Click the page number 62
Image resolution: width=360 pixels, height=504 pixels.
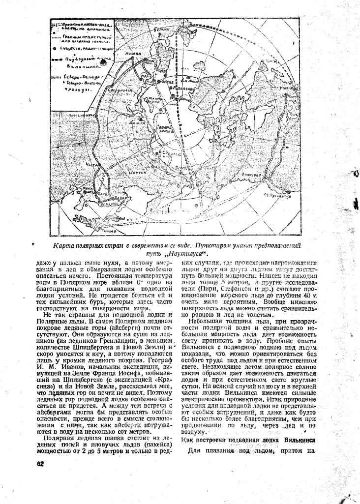click(40, 463)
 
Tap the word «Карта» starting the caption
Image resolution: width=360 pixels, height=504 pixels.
click(64, 245)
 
